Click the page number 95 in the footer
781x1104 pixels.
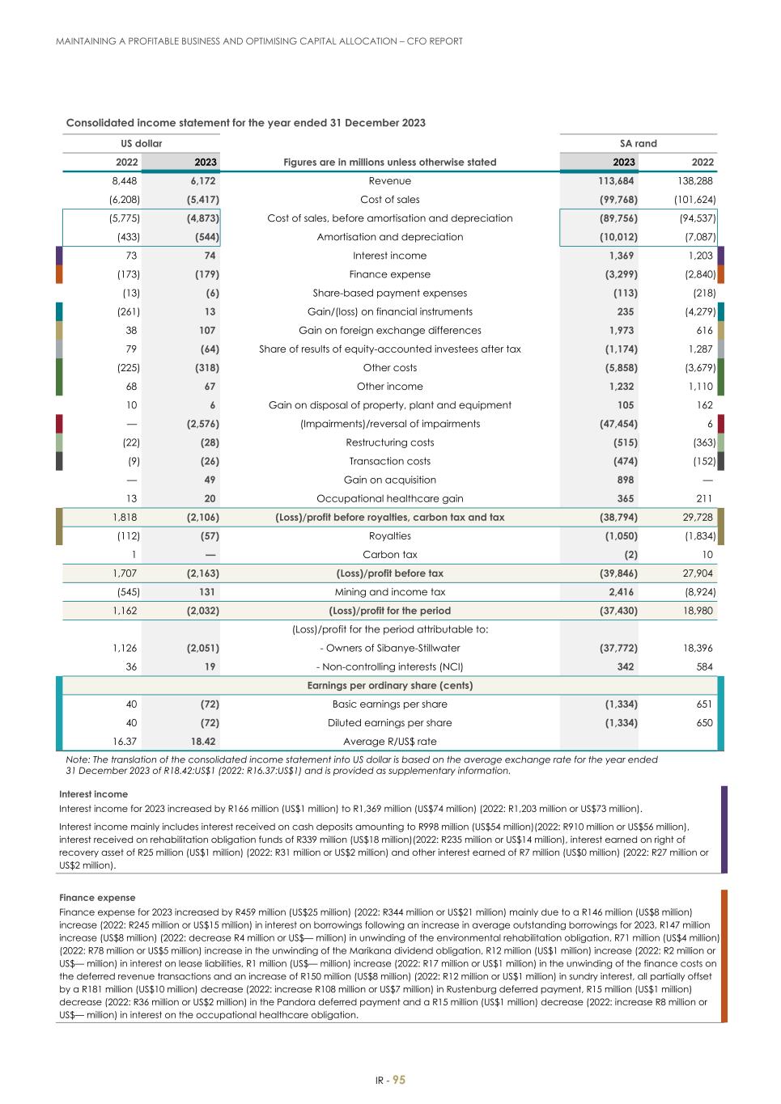[399, 1081]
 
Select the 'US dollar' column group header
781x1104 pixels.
[142, 143]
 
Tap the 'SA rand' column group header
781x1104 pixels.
[638, 143]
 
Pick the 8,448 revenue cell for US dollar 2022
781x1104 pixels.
[125, 181]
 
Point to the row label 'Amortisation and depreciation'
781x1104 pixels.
[389, 237]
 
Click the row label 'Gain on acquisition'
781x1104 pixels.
[389, 480]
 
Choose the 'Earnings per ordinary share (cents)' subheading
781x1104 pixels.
[389, 685]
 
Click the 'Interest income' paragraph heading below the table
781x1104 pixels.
[93, 794]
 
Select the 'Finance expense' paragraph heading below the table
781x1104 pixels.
[97, 898]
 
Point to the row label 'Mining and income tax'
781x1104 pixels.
[389, 592]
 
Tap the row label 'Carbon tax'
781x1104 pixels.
[389, 555]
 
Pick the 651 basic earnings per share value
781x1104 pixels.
[703, 704]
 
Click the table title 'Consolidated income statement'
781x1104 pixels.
[245, 123]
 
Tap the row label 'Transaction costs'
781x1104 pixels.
[389, 461]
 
